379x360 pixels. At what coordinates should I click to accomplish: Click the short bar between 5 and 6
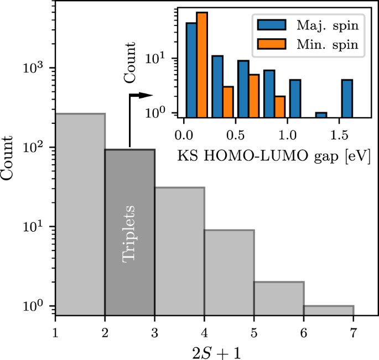point(279,298)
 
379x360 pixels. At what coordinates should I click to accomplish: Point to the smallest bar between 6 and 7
point(329,310)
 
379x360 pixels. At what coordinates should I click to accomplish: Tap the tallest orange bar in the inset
point(202,64)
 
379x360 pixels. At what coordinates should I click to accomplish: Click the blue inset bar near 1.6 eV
point(347,98)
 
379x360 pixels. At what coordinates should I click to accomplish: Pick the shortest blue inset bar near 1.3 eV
point(321,114)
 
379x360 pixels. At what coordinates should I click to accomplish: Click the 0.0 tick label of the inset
point(183,134)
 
